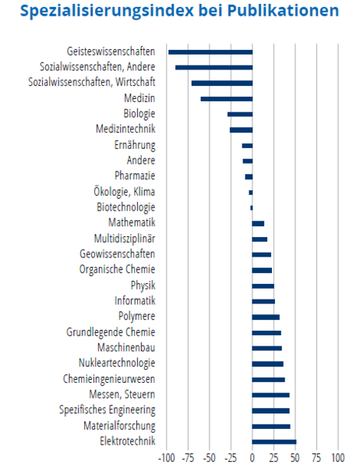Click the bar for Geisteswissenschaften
(210, 52)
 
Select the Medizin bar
(227, 99)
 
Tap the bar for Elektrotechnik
(274, 441)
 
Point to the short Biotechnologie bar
(252, 207)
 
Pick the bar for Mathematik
(258, 224)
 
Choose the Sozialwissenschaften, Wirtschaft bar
(222, 83)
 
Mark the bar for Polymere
(266, 317)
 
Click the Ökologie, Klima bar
(251, 193)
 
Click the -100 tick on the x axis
(167, 458)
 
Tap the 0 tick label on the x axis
(252, 458)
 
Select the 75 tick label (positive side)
(316, 458)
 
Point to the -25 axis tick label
(231, 458)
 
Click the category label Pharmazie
(135, 175)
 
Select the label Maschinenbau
(126, 347)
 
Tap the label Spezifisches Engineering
(107, 410)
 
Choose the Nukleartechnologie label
(117, 363)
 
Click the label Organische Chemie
(117, 269)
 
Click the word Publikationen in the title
(283, 11)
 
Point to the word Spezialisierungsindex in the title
(107, 12)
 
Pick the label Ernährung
(135, 145)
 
